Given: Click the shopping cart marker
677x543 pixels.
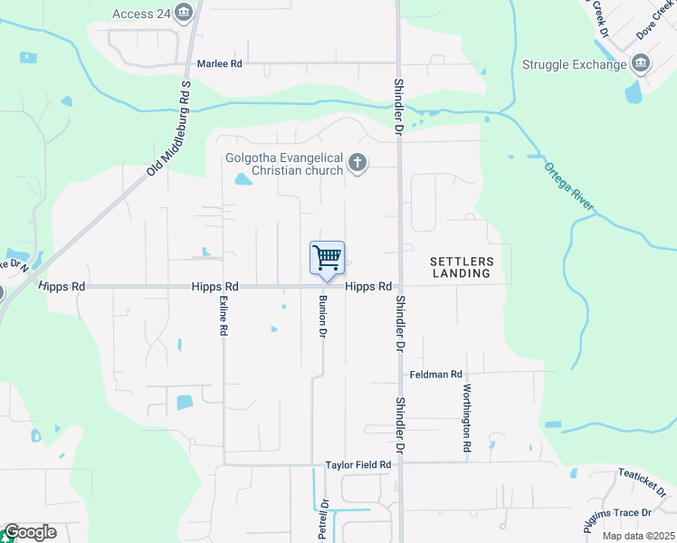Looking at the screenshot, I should click(327, 259).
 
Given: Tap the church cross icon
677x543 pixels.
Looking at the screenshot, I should click(358, 164).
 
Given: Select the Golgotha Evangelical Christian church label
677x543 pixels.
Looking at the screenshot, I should click(284, 164).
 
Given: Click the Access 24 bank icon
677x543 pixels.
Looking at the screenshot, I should click(185, 13).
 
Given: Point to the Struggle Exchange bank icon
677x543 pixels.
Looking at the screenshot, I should click(641, 63).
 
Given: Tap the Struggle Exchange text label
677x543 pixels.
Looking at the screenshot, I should click(575, 64).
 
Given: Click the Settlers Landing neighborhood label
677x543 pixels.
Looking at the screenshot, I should click(461, 266).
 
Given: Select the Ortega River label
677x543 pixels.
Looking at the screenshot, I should click(568, 187).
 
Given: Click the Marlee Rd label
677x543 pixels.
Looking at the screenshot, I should click(220, 64).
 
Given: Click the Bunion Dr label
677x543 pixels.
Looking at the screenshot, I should click(321, 316).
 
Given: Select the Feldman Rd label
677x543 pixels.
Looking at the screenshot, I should click(435, 374).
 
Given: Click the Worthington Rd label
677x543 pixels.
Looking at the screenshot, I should click(467, 417).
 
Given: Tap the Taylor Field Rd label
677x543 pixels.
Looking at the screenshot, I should click(358, 465).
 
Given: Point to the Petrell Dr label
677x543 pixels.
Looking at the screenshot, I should click(322, 519).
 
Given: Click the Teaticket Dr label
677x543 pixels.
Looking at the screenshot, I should click(642, 482).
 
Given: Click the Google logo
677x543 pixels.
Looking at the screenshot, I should click(30, 532).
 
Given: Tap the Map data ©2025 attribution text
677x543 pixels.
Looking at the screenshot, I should click(638, 536).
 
